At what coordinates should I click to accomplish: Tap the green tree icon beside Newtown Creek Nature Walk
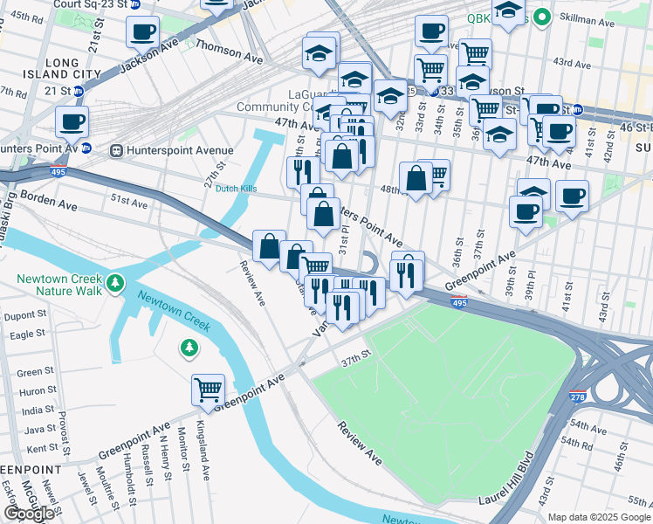click(x=114, y=283)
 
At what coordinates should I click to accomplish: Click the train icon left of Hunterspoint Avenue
click(x=114, y=149)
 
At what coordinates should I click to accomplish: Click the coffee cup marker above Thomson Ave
click(x=142, y=31)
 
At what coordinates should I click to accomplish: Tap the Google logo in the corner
click(x=28, y=514)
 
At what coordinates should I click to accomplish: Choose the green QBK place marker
click(x=541, y=17)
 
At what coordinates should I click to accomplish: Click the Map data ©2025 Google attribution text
click(x=599, y=517)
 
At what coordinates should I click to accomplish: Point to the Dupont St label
click(x=27, y=316)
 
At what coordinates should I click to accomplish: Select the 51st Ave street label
click(x=128, y=202)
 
